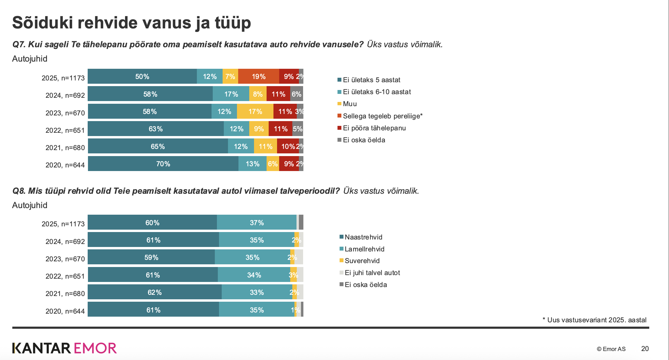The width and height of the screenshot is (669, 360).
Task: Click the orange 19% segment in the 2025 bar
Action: point(259,76)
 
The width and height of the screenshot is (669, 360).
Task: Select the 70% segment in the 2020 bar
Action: point(163,164)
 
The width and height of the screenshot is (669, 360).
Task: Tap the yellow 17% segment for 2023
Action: point(255,111)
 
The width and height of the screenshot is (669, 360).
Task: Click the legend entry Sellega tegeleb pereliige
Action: point(380,116)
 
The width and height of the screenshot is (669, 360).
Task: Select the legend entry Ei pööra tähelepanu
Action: point(372,128)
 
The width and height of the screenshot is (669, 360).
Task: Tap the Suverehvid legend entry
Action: point(360,261)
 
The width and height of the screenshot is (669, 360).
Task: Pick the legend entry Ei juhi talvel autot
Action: point(370,273)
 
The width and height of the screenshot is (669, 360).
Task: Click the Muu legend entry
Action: point(347,104)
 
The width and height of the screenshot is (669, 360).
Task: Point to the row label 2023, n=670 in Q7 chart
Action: point(65,113)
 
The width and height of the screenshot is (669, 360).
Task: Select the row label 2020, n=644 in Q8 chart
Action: point(65,311)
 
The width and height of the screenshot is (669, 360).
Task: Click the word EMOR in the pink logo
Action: point(95,348)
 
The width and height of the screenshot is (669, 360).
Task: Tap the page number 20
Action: point(645,349)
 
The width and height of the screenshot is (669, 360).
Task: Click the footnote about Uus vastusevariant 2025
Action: point(595,320)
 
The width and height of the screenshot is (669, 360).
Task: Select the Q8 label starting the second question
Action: point(19,191)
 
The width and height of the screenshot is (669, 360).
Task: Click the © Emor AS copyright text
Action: point(611,349)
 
